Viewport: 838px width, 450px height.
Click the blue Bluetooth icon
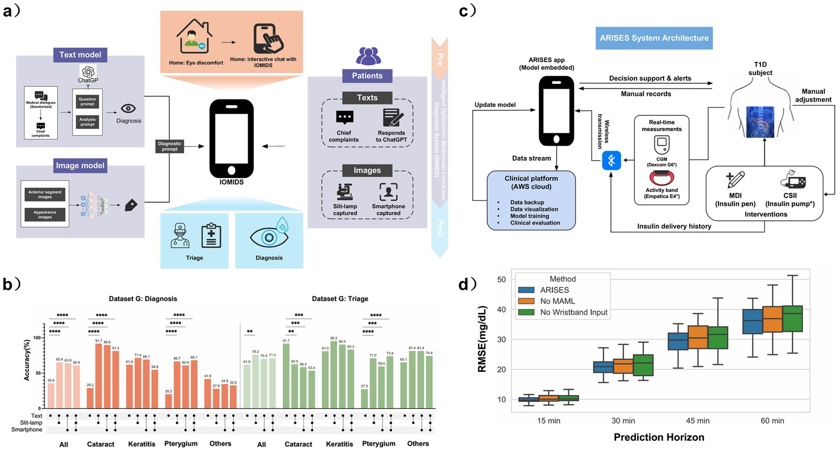tap(611, 161)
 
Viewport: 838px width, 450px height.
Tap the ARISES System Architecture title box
tap(654, 38)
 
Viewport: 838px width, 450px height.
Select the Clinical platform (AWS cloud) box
tap(531, 200)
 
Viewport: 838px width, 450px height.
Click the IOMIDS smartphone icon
tap(231, 138)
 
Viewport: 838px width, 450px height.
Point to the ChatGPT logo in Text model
tap(88, 72)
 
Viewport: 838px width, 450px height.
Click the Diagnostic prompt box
tap(170, 146)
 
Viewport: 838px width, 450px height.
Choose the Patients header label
tap(367, 76)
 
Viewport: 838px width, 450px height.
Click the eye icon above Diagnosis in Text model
tap(128, 108)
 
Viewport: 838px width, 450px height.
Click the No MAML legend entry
tap(557, 301)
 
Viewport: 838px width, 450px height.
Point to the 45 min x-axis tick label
tap(698, 420)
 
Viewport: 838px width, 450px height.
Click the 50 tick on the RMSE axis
tap(501, 279)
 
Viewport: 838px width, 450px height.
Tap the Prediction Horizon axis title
tap(659, 437)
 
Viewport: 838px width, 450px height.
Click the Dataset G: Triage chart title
tap(340, 299)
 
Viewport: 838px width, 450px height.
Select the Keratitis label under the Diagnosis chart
tap(142, 444)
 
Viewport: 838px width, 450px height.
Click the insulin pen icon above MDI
tap(735, 180)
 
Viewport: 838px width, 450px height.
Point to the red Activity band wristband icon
tap(662, 178)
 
